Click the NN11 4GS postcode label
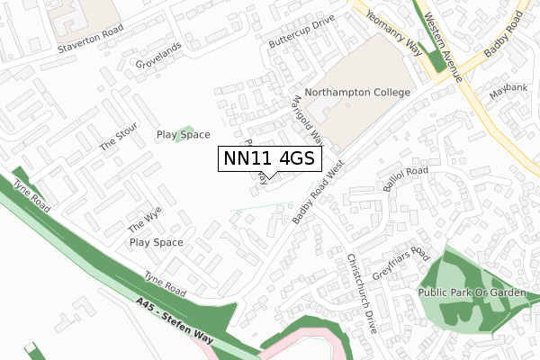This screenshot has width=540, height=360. pos(266,158)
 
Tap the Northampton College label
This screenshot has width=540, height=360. pos(357,93)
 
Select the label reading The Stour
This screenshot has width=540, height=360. pos(119,135)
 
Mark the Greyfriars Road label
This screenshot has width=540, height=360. pos(409,264)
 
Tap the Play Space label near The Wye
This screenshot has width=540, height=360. pos(156,242)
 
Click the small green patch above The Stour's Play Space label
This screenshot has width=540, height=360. pos(184,132)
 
